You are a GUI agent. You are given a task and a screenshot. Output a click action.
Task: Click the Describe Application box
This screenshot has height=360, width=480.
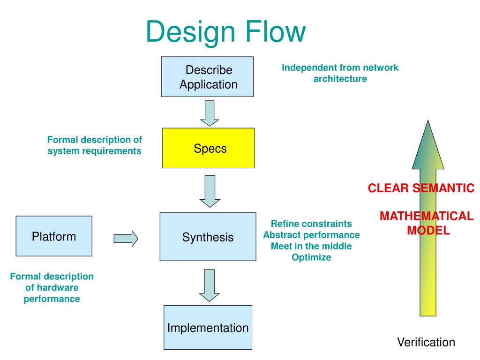207,77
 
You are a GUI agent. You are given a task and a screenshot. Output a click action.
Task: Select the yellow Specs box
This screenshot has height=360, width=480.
209,148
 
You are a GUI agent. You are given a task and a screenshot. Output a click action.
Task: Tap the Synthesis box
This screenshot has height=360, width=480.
208,237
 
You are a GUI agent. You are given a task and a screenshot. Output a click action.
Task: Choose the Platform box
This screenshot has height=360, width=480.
54,236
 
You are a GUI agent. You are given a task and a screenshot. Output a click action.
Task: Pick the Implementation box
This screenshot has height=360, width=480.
208,327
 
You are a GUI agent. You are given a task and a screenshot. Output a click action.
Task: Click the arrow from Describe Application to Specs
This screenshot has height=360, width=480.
210,113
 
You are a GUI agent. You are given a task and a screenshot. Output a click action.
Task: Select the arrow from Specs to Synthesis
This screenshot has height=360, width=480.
210,191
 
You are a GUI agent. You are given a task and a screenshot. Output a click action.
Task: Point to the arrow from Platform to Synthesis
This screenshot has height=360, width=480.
126,239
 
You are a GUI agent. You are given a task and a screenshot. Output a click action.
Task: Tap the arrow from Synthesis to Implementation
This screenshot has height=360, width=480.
210,285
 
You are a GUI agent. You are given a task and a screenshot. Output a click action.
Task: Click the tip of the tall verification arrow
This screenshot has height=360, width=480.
428,120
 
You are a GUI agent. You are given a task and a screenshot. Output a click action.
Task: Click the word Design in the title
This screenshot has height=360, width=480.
190,31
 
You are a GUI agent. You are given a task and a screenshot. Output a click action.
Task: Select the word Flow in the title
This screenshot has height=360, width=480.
276,31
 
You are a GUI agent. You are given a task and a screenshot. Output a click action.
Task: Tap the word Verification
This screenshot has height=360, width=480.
426,342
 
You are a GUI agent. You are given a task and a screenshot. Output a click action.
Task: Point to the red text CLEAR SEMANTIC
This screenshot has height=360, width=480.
421,188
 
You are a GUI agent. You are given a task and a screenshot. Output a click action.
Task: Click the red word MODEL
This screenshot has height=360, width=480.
428,230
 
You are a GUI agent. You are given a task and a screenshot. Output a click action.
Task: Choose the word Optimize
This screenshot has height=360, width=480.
311,257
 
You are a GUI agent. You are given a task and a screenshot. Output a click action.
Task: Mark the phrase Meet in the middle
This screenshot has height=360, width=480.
311,246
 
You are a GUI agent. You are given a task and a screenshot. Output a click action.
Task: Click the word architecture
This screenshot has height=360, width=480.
340,79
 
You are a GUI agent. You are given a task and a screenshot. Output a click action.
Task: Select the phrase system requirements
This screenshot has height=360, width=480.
94,151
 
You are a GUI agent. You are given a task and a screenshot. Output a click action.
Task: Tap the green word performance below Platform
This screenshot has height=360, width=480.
52,299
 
